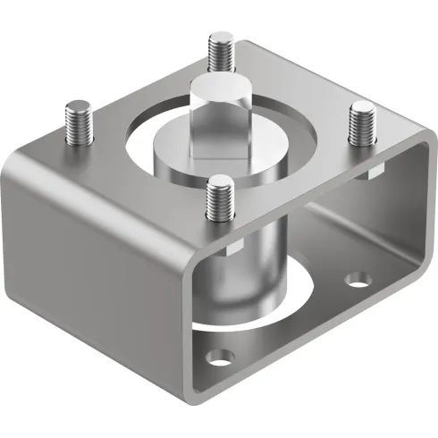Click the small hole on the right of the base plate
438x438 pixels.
pyautogui.click(x=358, y=280)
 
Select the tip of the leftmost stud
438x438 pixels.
pyautogui.click(x=74, y=109)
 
